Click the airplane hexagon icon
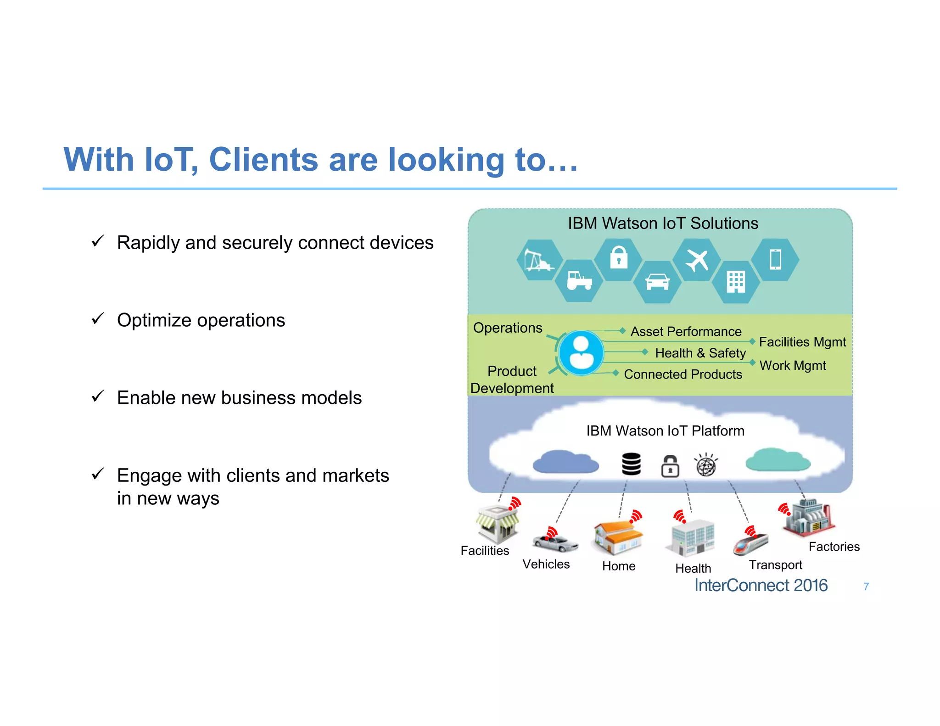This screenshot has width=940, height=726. [697, 260]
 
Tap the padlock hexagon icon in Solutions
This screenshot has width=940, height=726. [618, 259]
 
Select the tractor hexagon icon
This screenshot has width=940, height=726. [579, 281]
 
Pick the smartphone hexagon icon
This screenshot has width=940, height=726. [775, 259]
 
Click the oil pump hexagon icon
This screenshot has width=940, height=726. [539, 260]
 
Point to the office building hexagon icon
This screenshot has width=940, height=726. [736, 281]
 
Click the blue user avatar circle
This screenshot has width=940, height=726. [581, 353]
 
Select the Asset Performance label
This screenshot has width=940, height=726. [686, 331]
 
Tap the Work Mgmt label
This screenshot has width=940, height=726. [793, 365]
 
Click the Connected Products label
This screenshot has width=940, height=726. [683, 374]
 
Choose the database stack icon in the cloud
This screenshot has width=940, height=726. [631, 464]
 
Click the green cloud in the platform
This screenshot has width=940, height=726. [778, 460]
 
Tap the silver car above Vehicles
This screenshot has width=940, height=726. [555, 544]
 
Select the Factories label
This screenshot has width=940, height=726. [834, 547]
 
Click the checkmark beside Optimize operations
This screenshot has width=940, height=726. [98, 318]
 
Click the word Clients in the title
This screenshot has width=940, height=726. [263, 160]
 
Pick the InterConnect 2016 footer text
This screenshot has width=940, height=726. [761, 586]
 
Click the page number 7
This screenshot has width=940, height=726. [866, 586]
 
